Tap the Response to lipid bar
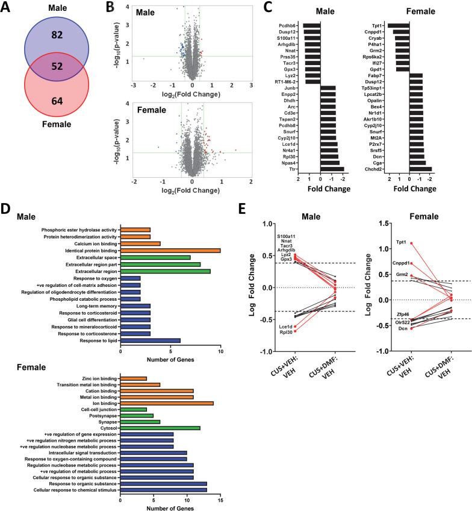point(151,340)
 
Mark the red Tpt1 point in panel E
point(412,243)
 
